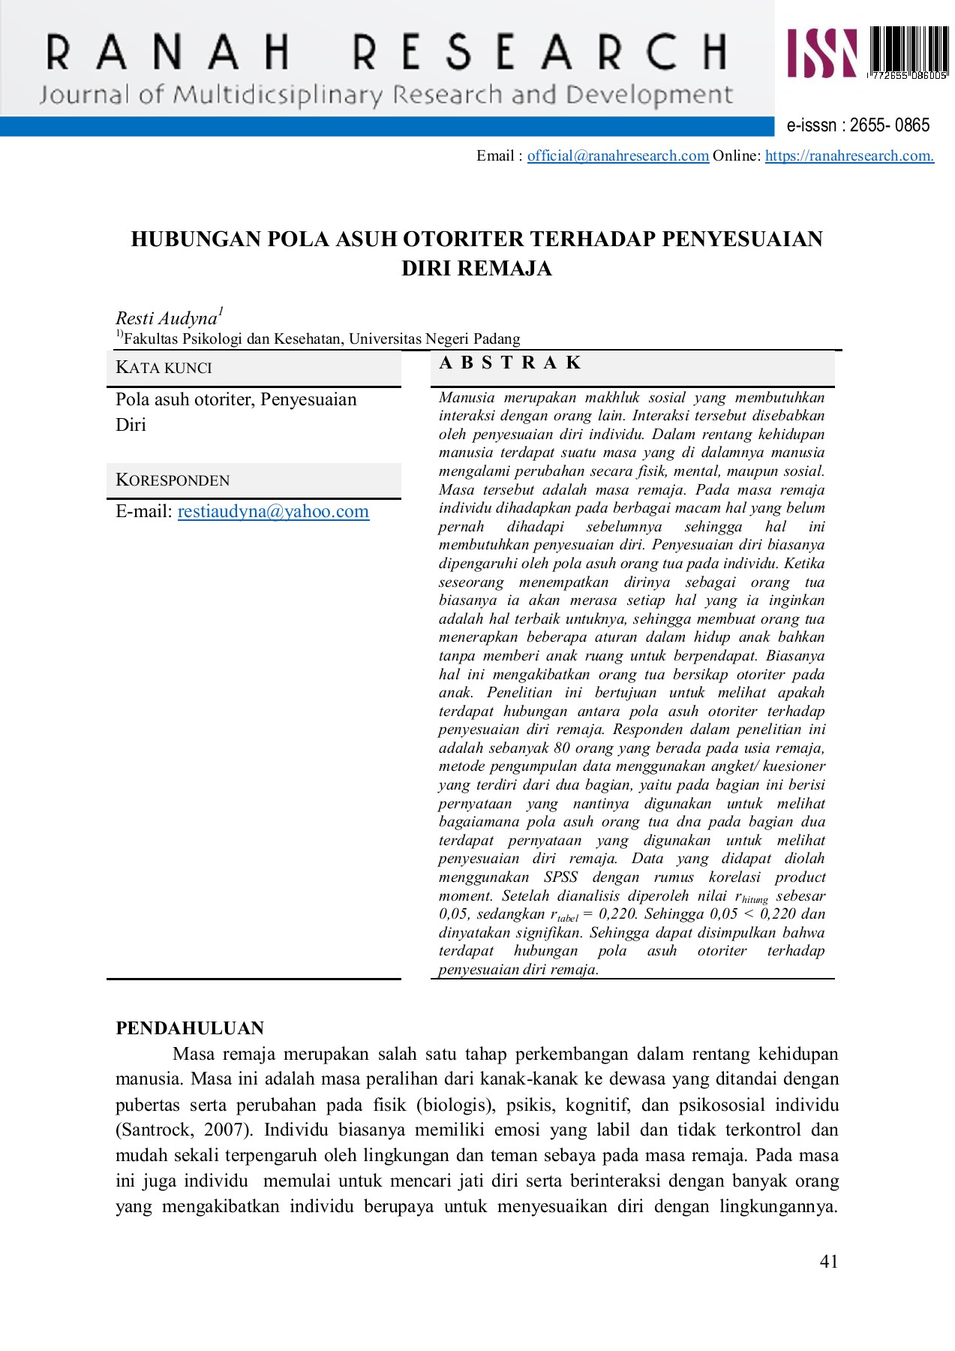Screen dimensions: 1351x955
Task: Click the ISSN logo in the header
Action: pos(822,53)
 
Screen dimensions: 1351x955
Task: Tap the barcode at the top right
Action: pos(908,53)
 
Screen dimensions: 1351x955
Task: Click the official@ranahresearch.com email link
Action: pos(617,156)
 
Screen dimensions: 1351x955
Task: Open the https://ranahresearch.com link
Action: pos(849,156)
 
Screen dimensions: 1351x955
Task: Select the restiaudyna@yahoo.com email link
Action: pos(273,512)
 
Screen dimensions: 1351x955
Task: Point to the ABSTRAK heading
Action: pos(510,363)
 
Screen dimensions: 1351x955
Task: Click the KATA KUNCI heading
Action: pos(164,368)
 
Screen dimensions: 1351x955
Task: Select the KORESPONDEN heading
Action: pos(173,480)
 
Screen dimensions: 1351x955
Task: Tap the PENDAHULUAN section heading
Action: pos(190,1028)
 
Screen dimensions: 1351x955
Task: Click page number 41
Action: pos(829,1262)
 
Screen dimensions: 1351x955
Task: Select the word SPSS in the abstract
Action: pos(560,877)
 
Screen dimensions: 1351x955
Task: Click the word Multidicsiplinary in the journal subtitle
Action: pos(278,95)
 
